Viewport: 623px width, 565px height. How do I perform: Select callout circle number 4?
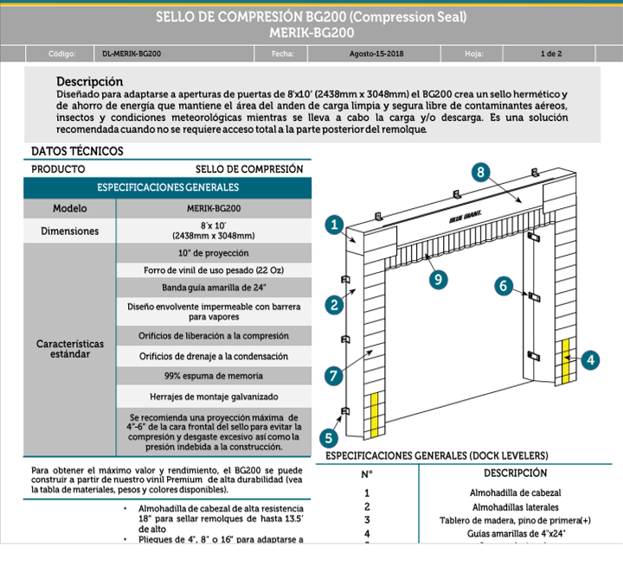click(590, 359)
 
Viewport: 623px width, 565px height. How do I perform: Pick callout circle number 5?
click(329, 437)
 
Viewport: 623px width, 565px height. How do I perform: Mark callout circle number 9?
click(439, 278)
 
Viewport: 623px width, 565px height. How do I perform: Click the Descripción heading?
click(89, 80)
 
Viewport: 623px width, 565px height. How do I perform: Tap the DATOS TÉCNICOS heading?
click(77, 151)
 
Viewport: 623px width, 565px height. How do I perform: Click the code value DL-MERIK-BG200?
click(131, 54)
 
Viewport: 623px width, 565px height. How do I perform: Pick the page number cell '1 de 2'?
click(550, 54)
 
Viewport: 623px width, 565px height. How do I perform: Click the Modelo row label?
click(69, 209)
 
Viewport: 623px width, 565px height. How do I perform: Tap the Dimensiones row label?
click(69, 231)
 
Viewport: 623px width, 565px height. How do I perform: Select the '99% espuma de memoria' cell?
click(214, 376)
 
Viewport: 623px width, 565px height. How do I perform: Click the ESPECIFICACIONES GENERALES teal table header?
click(168, 187)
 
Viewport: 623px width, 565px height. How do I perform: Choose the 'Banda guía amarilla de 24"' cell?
click(214, 287)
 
